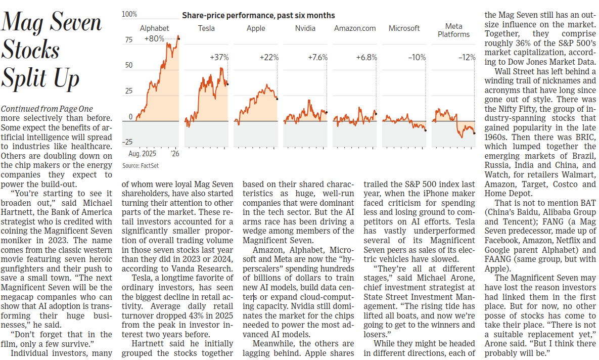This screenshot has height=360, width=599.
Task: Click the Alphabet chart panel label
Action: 154,28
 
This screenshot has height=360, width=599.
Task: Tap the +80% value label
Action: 154,38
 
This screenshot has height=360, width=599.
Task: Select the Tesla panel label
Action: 206,28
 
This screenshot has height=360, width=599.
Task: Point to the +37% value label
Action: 219,57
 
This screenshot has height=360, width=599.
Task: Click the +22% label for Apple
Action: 269,57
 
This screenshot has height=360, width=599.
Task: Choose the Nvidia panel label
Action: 305,28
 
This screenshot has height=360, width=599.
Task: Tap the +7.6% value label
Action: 318,57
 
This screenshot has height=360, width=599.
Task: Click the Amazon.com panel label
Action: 355,28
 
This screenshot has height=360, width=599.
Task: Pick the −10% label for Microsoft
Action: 417,57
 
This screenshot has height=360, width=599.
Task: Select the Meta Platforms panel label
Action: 454,30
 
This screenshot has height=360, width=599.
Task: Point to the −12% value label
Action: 467,57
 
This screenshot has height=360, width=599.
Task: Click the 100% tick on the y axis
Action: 129,14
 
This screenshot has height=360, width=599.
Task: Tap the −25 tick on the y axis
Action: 127,142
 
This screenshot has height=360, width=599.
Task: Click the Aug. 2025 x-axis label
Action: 142,154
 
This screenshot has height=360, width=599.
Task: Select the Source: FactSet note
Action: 140,166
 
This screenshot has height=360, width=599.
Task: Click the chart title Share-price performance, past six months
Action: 258,16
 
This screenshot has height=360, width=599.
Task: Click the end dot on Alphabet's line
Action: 178,38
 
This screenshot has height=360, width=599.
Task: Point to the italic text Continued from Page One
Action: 47,109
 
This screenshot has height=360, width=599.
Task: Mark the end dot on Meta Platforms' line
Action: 475,133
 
